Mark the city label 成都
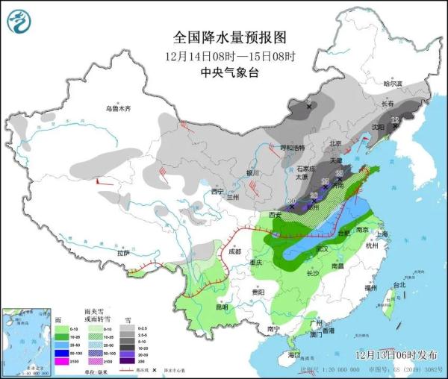pyautogui.click(x=234, y=251)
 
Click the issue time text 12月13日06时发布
pyautogui.click(x=392, y=354)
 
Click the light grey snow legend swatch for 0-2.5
pyautogui.click(x=128, y=328)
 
